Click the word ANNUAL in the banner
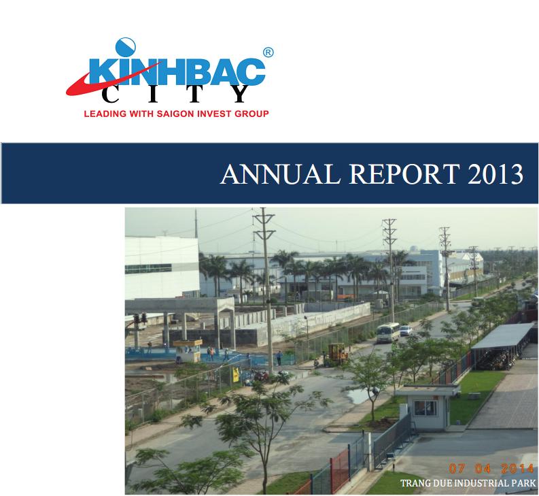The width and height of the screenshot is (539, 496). (x=280, y=173)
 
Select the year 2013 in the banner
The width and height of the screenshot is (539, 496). (x=495, y=173)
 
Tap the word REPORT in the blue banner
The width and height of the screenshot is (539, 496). (x=404, y=173)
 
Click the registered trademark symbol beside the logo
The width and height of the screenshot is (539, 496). (x=268, y=52)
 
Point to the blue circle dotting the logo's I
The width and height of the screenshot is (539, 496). (x=126, y=47)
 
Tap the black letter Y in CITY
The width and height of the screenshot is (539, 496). (x=238, y=95)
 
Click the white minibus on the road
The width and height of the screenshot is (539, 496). (x=387, y=333)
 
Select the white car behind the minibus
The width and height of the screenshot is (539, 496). (x=406, y=331)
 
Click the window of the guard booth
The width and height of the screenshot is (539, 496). (x=425, y=408)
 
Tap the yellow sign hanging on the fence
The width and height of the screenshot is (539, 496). (x=236, y=374)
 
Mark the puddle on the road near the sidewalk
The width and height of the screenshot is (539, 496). (x=358, y=395)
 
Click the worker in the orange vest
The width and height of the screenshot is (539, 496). (x=212, y=354)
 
